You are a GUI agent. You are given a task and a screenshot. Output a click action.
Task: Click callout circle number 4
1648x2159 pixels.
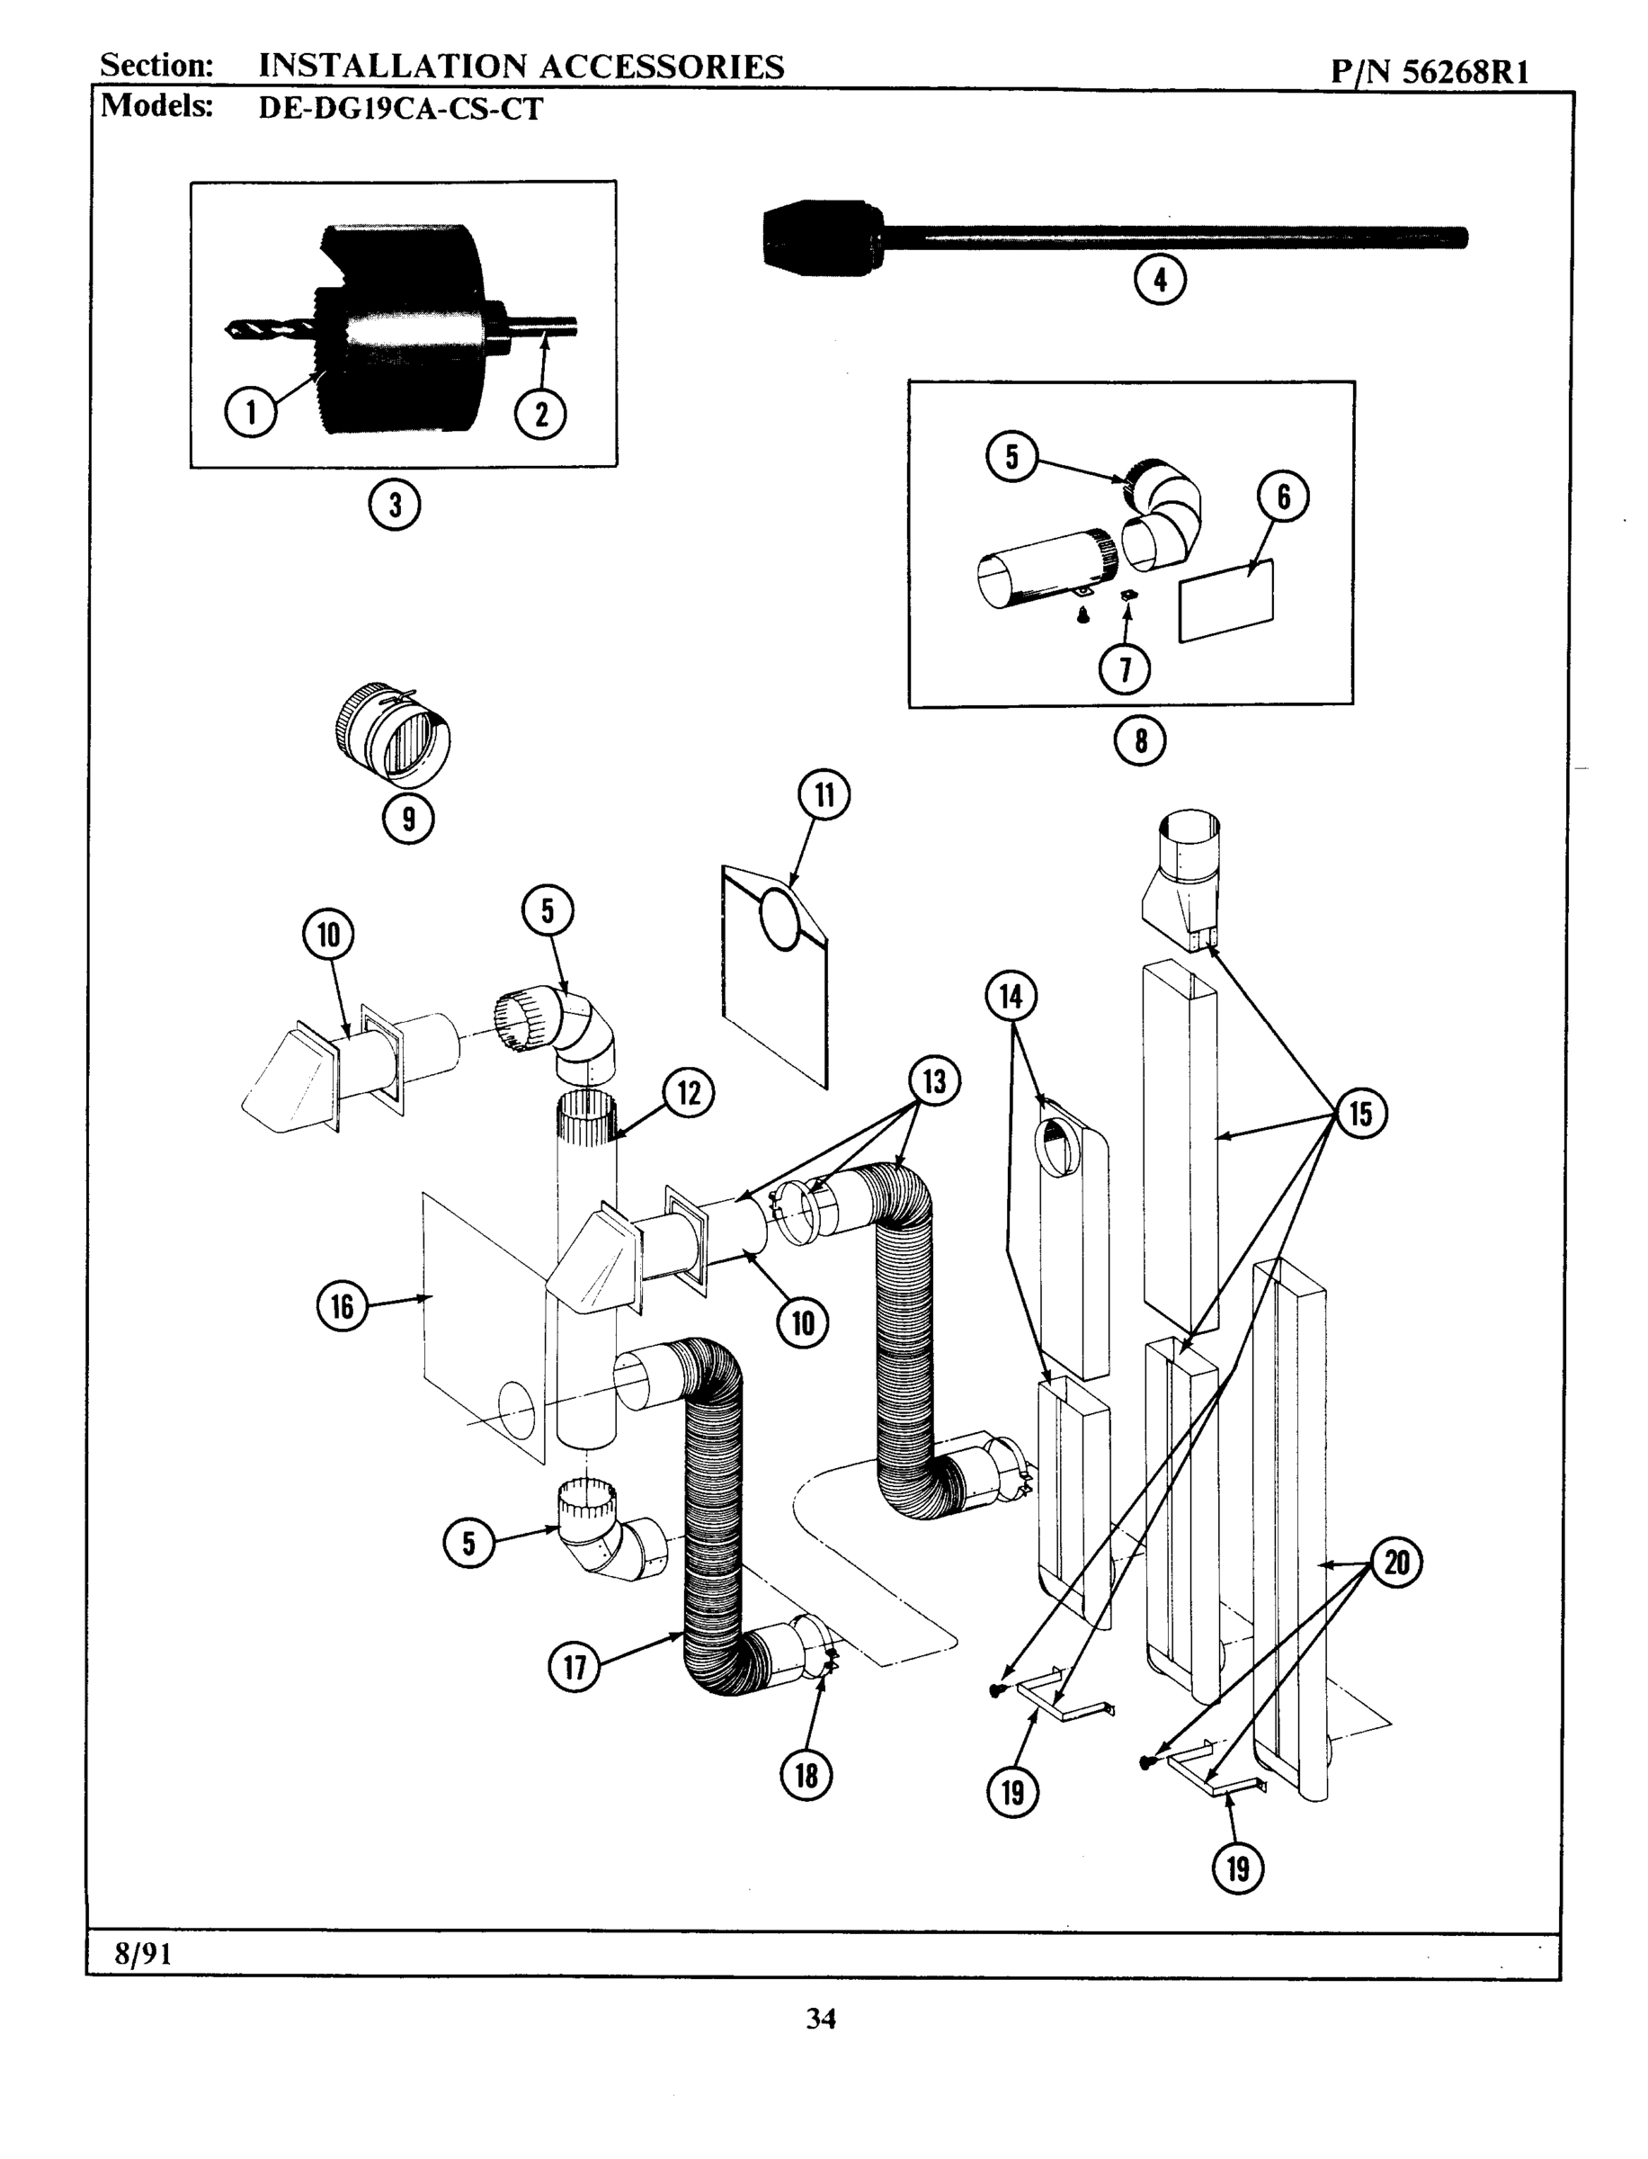tap(1160, 281)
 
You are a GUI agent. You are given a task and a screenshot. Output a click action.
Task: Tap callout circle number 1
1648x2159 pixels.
tap(250, 412)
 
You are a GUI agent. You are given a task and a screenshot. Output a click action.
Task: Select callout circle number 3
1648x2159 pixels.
tap(395, 506)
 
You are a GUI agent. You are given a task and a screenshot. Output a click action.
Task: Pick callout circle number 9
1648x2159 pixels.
tap(408, 818)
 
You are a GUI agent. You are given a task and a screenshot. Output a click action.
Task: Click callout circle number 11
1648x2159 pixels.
tap(824, 795)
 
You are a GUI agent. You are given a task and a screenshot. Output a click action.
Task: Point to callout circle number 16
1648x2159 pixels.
tap(343, 1306)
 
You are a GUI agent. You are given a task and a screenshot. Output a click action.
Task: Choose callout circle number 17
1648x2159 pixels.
tap(575, 1665)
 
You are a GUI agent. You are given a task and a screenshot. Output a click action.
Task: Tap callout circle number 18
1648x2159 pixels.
tap(806, 1774)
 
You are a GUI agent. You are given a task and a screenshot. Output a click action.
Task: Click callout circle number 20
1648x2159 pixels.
tap(1396, 1563)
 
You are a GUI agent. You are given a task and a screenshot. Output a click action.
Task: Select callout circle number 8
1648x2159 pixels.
tap(1140, 741)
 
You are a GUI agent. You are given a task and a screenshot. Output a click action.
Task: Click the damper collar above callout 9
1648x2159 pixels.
tap(392, 733)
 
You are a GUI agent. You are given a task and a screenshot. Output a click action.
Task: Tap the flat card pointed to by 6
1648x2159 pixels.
tap(1226, 601)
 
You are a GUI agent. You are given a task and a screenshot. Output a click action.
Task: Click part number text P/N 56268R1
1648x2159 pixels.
tap(1430, 72)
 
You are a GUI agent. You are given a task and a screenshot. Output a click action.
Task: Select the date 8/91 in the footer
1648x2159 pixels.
tap(143, 1954)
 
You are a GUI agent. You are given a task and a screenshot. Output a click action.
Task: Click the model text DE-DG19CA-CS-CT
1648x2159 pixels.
tap(399, 108)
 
